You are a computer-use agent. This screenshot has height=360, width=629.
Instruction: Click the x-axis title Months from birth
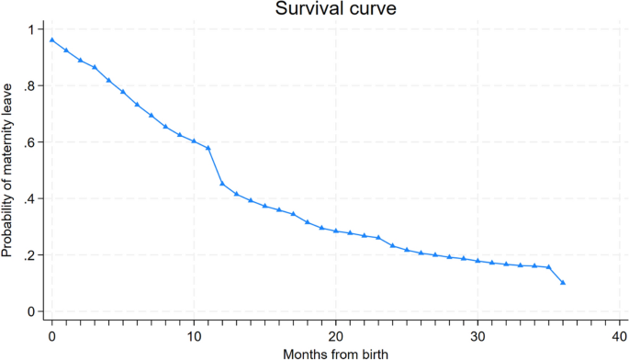336,351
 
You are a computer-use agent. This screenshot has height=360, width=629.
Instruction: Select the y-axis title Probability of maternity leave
8,171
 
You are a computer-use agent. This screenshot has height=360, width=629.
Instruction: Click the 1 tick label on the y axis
30,30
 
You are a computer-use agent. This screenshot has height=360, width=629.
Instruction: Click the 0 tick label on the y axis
30,311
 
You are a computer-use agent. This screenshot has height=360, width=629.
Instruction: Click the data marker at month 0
52,39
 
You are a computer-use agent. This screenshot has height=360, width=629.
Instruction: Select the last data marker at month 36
563,283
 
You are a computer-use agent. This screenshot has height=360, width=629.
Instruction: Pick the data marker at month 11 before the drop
208,148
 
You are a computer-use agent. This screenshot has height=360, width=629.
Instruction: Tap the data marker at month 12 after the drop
222,184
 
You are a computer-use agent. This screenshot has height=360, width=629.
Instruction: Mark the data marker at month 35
548,267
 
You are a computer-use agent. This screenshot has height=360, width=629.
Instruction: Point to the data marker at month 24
393,245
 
